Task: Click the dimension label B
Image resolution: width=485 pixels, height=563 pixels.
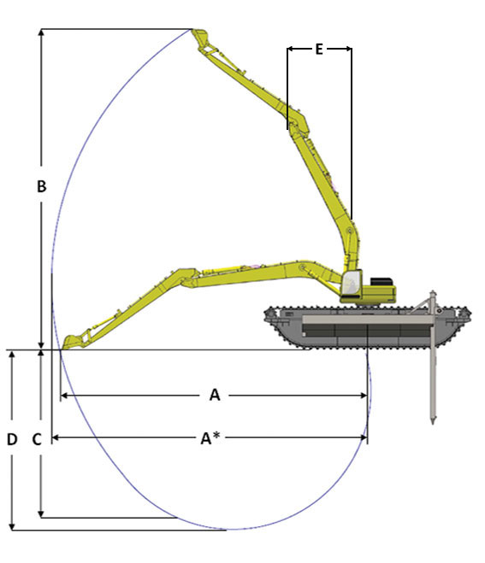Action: coord(42,186)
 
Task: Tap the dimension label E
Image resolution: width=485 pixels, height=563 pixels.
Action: coord(319,49)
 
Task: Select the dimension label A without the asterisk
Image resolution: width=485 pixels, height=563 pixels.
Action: coord(215,395)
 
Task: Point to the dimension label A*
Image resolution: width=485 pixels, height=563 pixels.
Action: coord(210,437)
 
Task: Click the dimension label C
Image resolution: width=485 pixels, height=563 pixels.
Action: coord(37,439)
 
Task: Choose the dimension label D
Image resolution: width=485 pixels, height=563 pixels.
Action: coord(12,439)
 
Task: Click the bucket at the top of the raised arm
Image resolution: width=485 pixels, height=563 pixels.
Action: coord(201,38)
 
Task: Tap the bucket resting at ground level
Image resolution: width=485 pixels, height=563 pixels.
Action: coord(74,342)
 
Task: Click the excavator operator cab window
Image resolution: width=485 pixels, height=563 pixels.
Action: coord(350,283)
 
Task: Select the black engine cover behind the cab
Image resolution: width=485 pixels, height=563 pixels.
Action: coord(381,282)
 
